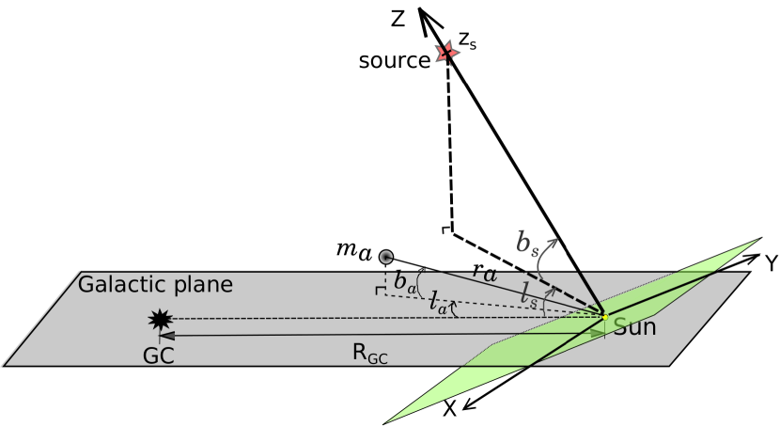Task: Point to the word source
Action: pyautogui.click(x=394, y=61)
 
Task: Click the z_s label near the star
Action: pyautogui.click(x=467, y=41)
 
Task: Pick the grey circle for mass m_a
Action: pyautogui.click(x=385, y=256)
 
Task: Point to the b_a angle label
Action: pyautogui.click(x=405, y=280)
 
